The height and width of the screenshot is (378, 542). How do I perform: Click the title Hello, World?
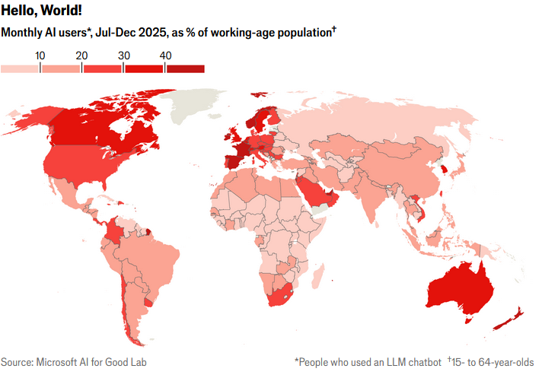pos(41,11)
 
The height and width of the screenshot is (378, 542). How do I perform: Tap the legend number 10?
pos(40,56)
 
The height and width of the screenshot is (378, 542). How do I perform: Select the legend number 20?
pos(82,56)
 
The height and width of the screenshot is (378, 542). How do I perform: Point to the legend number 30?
pos(124,56)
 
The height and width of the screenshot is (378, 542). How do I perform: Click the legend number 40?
pos(165,56)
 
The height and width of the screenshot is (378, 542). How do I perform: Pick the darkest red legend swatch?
pos(184,69)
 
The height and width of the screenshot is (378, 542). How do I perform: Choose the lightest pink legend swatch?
pos(20,69)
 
